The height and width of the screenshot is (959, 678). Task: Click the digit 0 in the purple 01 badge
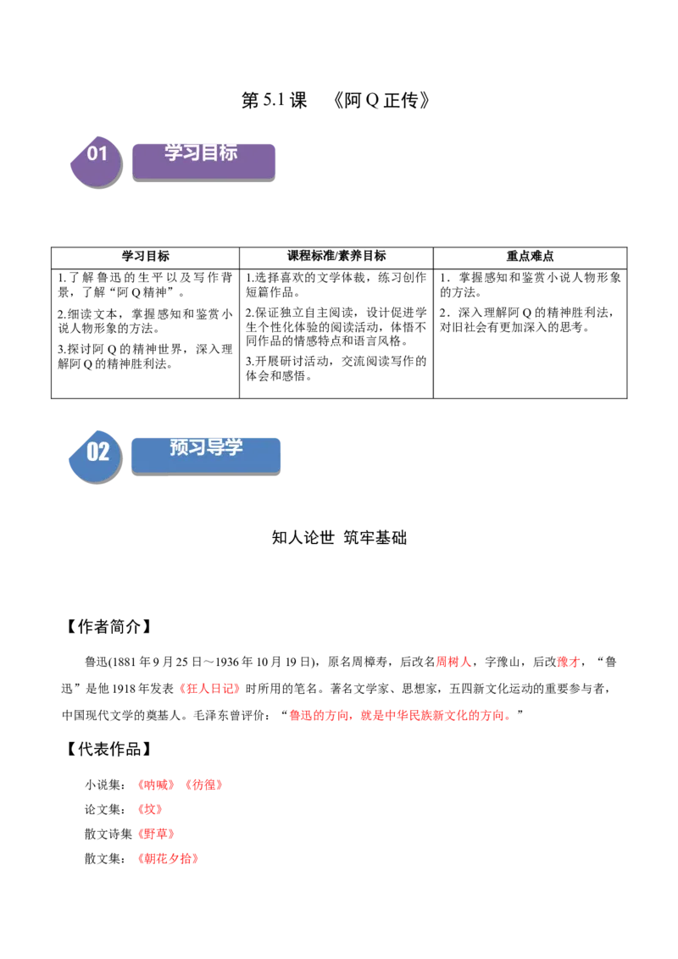pos(92,153)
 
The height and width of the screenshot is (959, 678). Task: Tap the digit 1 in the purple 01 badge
pos(103,153)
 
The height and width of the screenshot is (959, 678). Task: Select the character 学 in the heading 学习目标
pos(174,152)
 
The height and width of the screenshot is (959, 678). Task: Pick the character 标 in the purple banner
pos(228,152)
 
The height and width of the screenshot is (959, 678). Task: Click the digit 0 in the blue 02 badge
pos(92,452)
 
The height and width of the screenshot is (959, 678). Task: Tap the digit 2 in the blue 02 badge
pos(104,452)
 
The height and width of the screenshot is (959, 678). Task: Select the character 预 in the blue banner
pos(179,447)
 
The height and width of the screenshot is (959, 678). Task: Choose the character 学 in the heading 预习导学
pos(234,447)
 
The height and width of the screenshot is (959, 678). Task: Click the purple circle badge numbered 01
pos(96,161)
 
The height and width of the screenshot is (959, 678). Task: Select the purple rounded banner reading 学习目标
pos(203,160)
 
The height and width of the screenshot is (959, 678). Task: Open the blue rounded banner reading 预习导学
pos(206,454)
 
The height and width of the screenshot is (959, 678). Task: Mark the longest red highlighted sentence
pos(400,716)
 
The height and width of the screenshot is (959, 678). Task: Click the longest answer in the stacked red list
pos(169,859)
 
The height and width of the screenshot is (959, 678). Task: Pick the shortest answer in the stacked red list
pos(149,810)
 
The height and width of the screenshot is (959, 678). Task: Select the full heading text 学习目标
pos(201,152)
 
